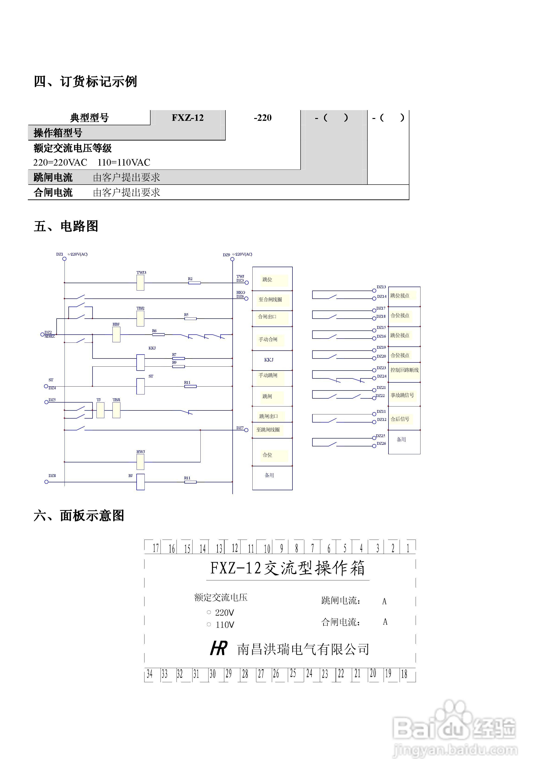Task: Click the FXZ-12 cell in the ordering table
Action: coord(187,118)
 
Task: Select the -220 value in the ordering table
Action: coord(262,118)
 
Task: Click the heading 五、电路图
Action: coord(66,226)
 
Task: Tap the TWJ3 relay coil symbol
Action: coord(140,283)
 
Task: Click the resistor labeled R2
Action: coord(194,283)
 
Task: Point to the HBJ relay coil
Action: coord(116,334)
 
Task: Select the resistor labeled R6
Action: coord(158,334)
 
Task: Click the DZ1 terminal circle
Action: coord(64,259)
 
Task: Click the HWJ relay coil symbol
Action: coord(140,462)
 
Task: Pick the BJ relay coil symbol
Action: coord(140,482)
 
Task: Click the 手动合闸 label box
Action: coord(268,339)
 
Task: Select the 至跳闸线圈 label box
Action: coord(268,430)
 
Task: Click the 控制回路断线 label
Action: coord(404,370)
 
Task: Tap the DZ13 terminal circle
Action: coord(374,291)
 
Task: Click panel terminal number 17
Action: coord(156,548)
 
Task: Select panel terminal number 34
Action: coord(149,674)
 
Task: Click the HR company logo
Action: coord(218,648)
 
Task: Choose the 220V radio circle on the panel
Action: coord(209,612)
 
